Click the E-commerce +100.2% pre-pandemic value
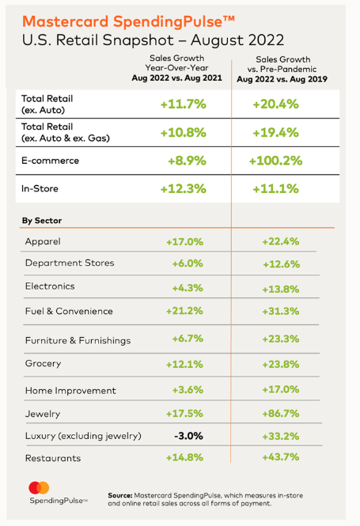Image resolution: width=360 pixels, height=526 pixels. (275, 161)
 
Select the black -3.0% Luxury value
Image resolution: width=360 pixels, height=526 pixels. (188, 436)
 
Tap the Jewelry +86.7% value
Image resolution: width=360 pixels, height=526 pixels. (281, 413)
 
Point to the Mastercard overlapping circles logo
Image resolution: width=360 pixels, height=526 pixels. (39, 488)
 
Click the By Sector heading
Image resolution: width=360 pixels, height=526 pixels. (42, 221)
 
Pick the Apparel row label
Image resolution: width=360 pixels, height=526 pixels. (43, 241)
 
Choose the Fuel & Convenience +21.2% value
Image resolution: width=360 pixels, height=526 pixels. (184, 311)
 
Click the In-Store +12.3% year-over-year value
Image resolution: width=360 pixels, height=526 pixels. (184, 189)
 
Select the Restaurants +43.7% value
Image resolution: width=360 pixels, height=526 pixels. (281, 457)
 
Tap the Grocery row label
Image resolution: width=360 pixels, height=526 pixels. (44, 364)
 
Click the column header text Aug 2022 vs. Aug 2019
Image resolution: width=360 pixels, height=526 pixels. (282, 79)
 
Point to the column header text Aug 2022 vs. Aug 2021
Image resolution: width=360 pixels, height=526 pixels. (176, 78)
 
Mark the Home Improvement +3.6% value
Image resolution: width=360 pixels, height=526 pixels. (188, 390)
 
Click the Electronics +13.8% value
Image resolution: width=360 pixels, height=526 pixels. (281, 289)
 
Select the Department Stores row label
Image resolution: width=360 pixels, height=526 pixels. (70, 263)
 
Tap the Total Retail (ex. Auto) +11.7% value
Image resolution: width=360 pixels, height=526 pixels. (184, 104)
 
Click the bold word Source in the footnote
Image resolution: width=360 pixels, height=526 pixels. (120, 495)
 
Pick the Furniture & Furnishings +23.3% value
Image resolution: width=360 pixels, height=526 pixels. (281, 339)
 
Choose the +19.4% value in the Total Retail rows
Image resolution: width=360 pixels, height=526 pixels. (275, 133)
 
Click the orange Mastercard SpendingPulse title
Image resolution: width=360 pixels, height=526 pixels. (128, 22)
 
